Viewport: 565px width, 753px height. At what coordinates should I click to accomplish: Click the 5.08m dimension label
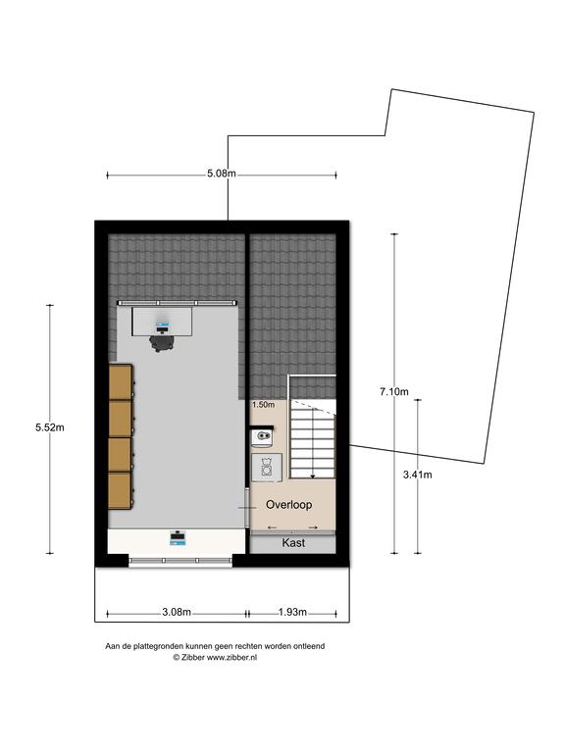[x=222, y=174]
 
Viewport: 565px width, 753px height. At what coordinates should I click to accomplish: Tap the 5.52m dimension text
[x=49, y=427]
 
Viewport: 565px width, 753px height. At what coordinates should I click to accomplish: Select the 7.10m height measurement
[x=394, y=392]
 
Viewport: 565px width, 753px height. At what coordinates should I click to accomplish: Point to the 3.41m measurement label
[x=417, y=475]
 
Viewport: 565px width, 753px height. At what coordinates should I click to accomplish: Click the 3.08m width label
[x=177, y=612]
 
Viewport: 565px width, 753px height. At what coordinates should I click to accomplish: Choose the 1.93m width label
[x=292, y=612]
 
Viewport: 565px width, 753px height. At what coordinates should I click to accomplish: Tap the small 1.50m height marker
[x=263, y=405]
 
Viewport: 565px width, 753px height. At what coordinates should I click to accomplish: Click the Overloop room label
[x=288, y=505]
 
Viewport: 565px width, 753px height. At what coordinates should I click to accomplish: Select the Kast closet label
[x=293, y=542]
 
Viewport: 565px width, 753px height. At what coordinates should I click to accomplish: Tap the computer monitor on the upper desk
[x=163, y=328]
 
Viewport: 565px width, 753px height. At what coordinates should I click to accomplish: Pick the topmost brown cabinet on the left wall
[x=121, y=382]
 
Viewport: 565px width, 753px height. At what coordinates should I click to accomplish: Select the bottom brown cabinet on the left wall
[x=121, y=491]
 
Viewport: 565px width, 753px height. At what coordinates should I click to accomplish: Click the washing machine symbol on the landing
[x=267, y=467]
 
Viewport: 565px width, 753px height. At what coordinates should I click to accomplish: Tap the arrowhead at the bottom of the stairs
[x=312, y=476]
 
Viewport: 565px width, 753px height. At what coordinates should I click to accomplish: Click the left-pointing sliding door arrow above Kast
[x=272, y=527]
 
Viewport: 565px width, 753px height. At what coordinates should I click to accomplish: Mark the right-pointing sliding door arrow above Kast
[x=313, y=527]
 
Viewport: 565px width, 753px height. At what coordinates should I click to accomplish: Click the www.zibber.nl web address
[x=231, y=658]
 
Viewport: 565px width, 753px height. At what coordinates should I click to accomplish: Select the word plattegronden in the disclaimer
[x=158, y=646]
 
